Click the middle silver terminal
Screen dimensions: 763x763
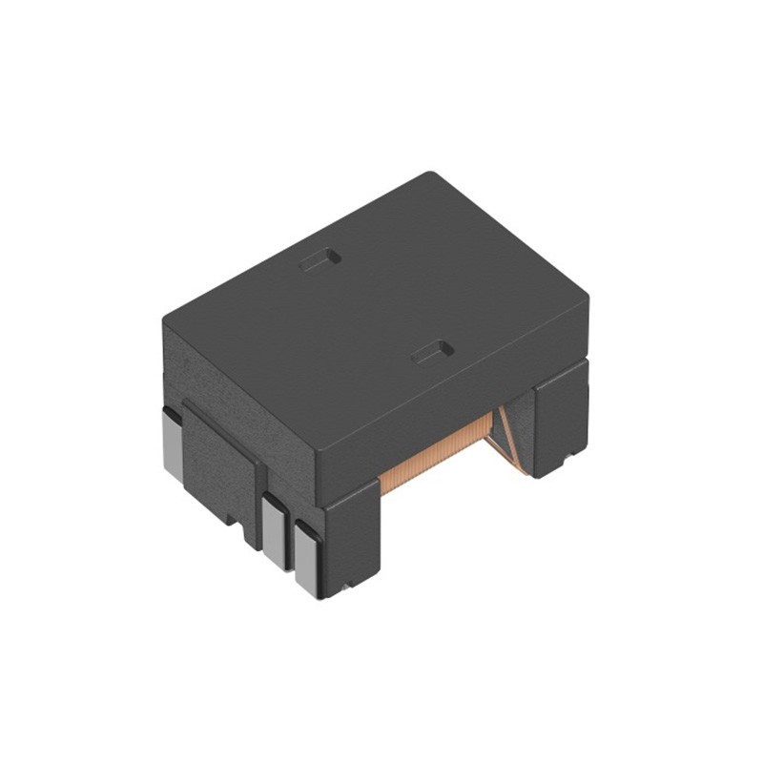click(x=275, y=534)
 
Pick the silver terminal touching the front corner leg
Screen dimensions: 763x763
click(x=308, y=561)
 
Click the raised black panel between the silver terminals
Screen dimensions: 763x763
click(x=219, y=467)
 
